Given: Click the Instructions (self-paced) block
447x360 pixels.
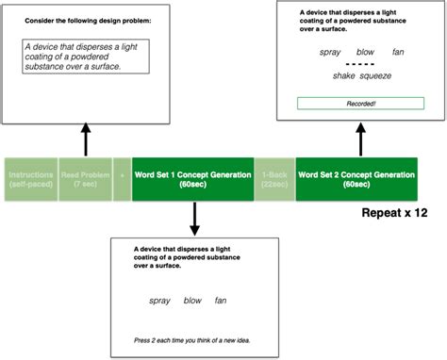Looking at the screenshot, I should click(x=29, y=179).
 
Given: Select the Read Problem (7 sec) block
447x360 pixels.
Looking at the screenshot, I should click(x=83, y=179).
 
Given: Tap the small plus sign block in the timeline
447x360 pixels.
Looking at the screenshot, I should click(x=121, y=179).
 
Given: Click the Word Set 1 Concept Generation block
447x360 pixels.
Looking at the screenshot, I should click(x=192, y=179).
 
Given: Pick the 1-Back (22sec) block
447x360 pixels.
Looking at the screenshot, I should click(x=274, y=179).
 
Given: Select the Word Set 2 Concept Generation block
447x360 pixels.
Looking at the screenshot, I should click(x=356, y=179).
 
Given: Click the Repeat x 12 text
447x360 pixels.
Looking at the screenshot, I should click(x=394, y=213).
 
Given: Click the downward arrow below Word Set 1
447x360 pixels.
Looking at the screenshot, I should click(x=193, y=219).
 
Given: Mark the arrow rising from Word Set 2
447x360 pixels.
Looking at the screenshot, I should click(x=360, y=140).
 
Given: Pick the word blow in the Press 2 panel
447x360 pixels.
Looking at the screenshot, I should click(x=193, y=301).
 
